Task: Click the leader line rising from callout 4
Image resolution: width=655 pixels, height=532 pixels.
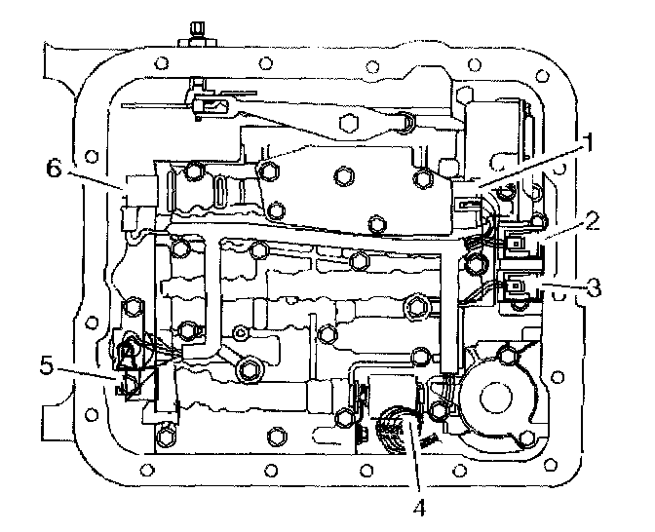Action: point(418,458)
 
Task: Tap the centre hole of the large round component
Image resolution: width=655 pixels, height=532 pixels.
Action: point(498,396)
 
